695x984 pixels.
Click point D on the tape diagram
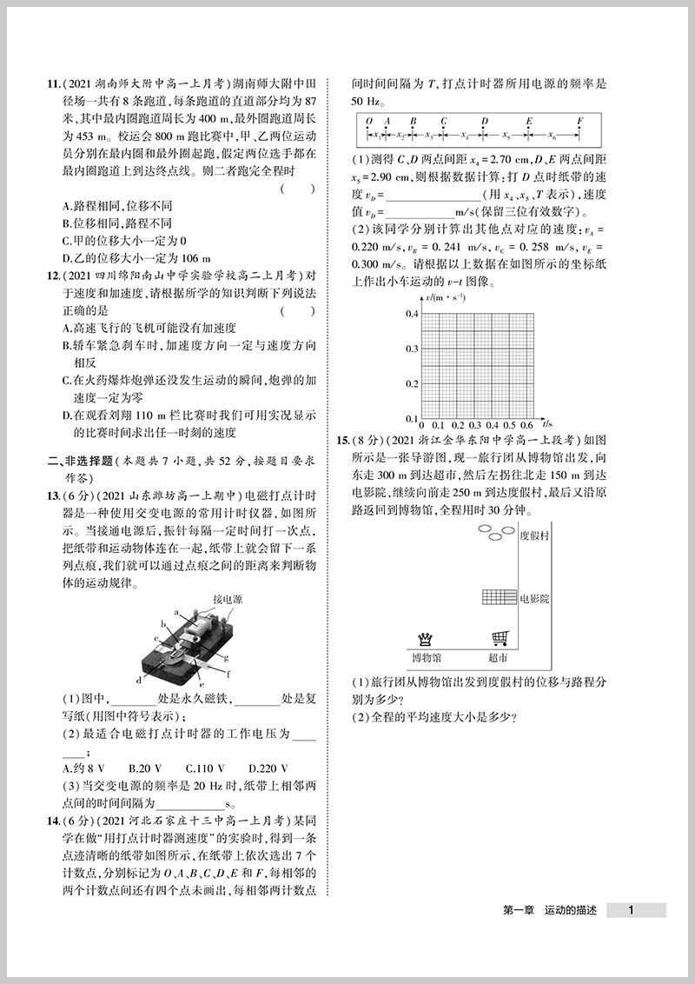coord(485,122)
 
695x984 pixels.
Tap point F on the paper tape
coord(579,122)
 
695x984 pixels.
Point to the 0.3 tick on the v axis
coord(412,349)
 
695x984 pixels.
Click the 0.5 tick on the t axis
coord(509,426)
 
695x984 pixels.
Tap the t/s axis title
coord(546,425)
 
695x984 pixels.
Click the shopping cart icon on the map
coord(500,639)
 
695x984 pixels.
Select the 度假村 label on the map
coord(534,536)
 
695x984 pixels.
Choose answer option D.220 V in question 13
coord(268,768)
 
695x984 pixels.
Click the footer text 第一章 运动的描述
coord(550,911)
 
